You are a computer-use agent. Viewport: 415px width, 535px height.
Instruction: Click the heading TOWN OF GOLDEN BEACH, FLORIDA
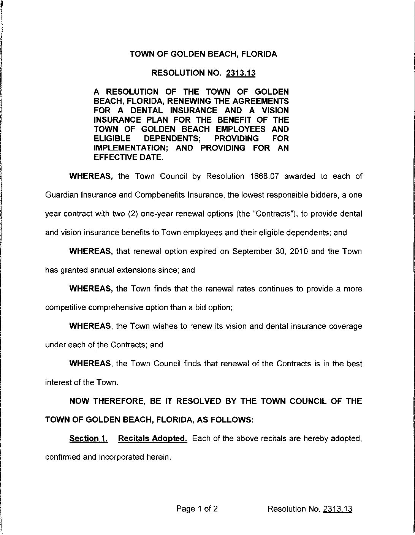[203, 54]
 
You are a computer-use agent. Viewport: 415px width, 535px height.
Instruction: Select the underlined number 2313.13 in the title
[241, 73]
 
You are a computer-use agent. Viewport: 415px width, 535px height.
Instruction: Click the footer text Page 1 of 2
[197, 509]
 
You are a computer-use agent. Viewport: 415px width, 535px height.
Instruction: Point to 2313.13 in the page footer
[337, 509]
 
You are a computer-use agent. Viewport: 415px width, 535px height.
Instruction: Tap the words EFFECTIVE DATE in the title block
[128, 157]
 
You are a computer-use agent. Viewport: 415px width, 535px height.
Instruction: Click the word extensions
[146, 270]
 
